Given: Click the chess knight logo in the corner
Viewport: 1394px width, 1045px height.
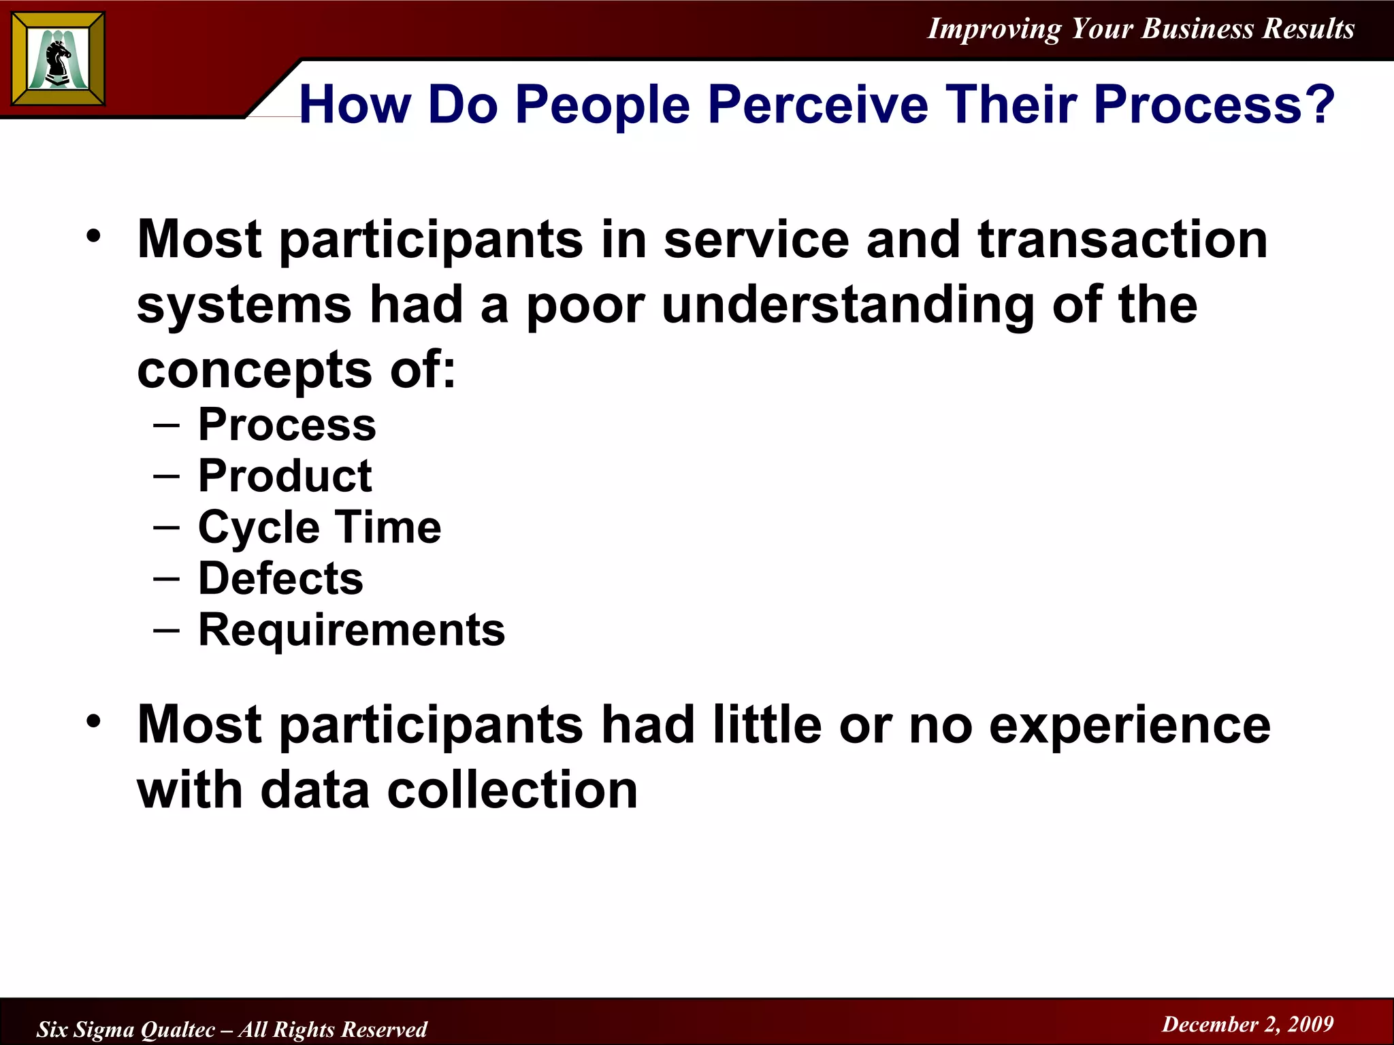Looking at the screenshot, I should [x=59, y=59].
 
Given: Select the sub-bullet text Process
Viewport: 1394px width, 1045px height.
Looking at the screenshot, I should [x=287, y=425].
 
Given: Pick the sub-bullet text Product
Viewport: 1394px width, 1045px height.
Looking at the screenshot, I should [x=285, y=476].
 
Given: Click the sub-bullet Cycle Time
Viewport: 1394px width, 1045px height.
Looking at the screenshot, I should [x=319, y=528].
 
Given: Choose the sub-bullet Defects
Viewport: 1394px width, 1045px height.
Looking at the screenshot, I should [x=280, y=578].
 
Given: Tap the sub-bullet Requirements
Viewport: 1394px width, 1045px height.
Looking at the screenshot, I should [x=351, y=630].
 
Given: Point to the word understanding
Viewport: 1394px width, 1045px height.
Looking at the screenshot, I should [x=847, y=305].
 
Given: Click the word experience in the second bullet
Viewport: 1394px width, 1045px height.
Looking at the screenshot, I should [x=1129, y=725].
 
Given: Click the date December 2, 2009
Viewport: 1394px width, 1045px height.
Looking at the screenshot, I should [x=1247, y=1024].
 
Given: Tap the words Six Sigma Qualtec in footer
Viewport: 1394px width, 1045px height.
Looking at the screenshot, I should [x=126, y=1029].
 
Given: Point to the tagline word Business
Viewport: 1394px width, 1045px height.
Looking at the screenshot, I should [x=1197, y=29].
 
